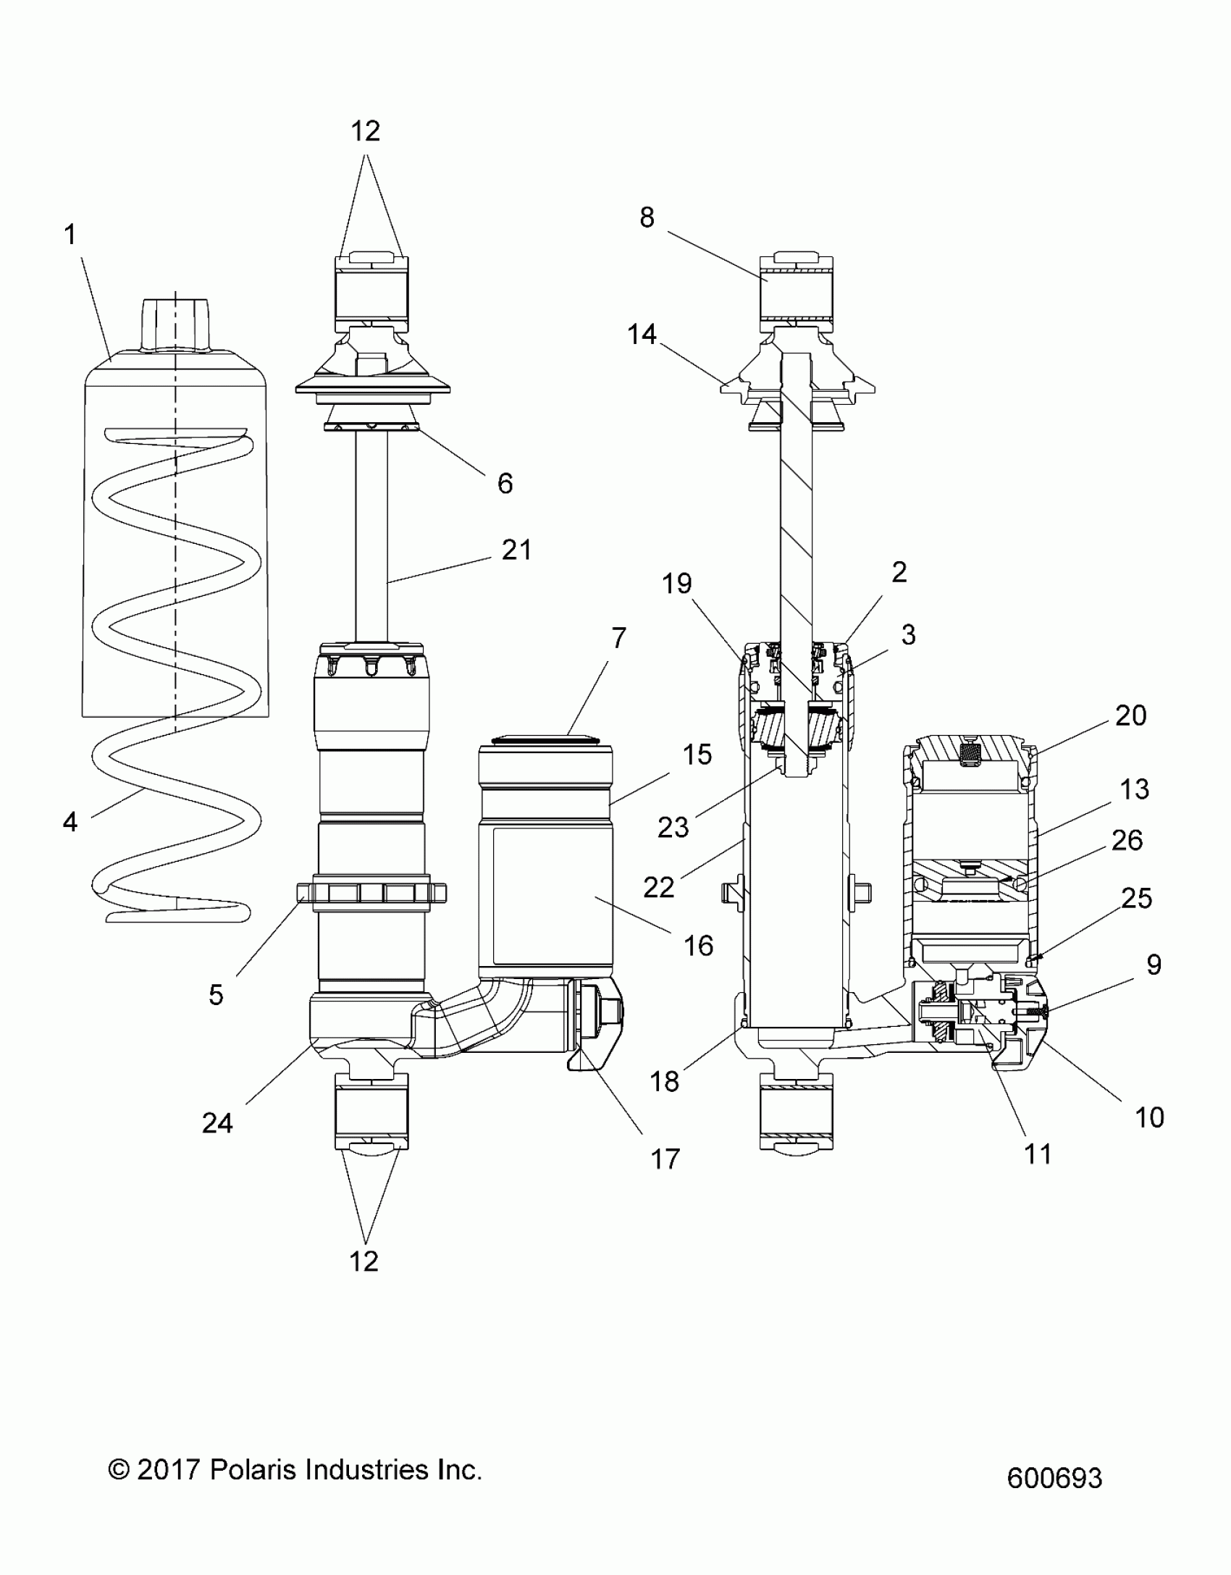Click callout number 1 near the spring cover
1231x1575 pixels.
coord(70,235)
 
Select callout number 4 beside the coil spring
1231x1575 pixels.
coord(70,821)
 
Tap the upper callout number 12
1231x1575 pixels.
coord(366,131)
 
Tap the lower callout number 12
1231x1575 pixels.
coord(364,1261)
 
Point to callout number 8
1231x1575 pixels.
coord(647,217)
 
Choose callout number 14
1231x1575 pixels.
coord(642,335)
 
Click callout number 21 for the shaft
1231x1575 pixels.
coord(517,550)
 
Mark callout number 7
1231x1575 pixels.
coord(618,638)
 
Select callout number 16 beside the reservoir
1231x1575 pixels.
coord(698,946)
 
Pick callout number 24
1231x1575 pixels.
coord(217,1123)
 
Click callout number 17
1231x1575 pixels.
coord(665,1159)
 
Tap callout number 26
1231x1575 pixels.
coord(1127,841)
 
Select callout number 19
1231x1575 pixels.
coord(677,584)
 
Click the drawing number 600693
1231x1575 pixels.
coord(1054,1478)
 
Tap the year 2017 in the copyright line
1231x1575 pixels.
coord(168,1470)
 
